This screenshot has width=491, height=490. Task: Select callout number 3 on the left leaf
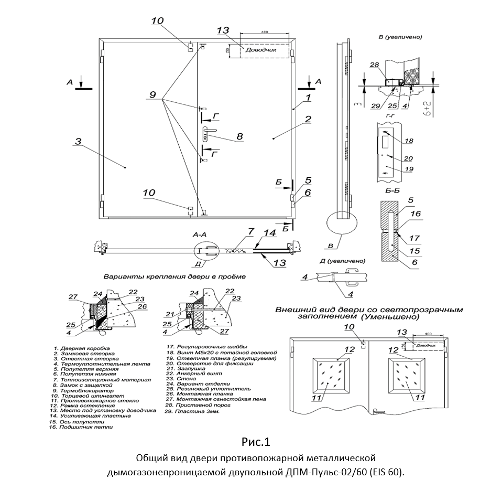[77, 141]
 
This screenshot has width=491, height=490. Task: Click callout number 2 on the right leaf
[308, 119]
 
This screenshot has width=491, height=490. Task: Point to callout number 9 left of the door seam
[152, 95]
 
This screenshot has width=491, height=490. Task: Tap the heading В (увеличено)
[400, 38]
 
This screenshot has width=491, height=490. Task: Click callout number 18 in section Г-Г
[409, 141]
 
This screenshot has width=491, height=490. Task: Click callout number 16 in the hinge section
[416, 214]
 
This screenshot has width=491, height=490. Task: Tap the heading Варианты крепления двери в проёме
[174, 276]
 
